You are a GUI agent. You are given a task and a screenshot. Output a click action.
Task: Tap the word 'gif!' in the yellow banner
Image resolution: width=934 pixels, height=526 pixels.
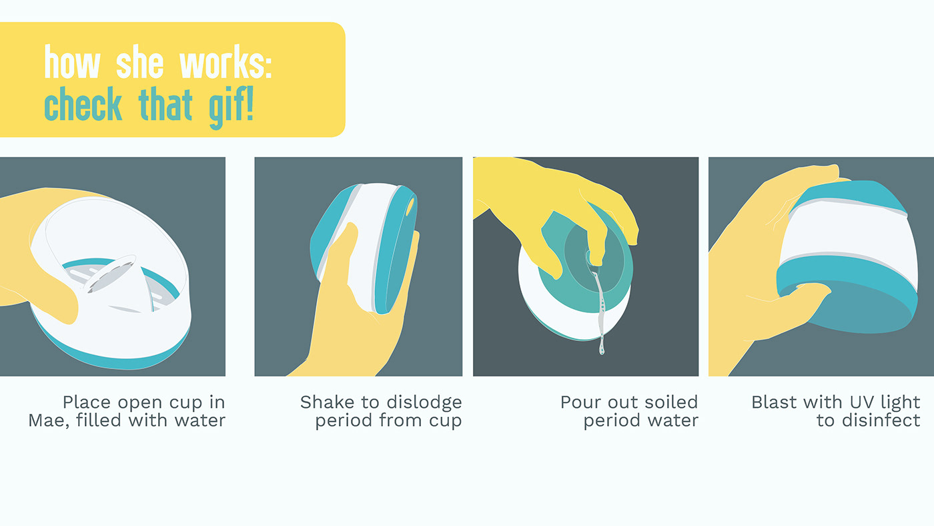pos(231,107)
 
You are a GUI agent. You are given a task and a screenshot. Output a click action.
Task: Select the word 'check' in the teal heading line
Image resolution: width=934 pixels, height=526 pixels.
pos(83,103)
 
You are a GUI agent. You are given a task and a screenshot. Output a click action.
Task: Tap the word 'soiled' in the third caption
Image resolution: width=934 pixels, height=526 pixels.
pos(671,402)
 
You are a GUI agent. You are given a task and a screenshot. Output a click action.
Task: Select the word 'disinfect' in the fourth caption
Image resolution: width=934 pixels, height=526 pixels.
pos(881,420)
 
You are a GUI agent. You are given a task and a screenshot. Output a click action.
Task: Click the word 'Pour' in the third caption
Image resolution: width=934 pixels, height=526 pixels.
pos(579,402)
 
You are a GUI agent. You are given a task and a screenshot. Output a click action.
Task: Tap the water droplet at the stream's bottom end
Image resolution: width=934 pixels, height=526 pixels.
pos(602,350)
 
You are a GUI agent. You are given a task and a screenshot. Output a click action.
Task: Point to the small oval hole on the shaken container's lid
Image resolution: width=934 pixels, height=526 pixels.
pos(410,207)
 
